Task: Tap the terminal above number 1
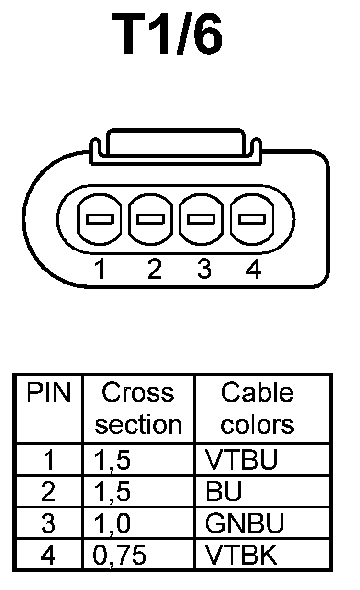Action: click(100, 220)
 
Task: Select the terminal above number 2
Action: click(150, 220)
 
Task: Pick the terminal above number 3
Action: click(201, 220)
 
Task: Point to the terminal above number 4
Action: click(252, 220)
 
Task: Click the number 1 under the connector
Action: click(100, 270)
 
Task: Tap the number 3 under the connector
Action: click(204, 270)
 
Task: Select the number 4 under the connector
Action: click(253, 270)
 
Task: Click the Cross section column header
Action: click(138, 408)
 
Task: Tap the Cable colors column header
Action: click(257, 408)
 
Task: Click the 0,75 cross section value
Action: click(120, 556)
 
